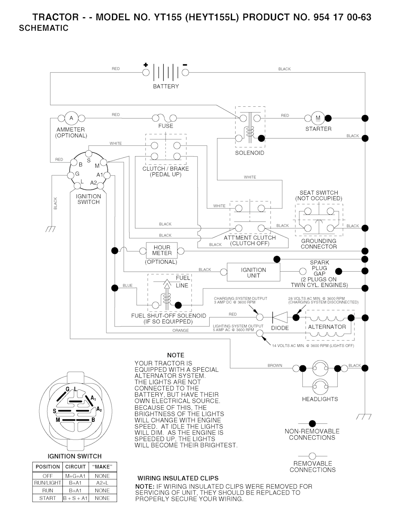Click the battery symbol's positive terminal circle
point(146,73)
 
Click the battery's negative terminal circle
point(185,73)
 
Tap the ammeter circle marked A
point(71,118)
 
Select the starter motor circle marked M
point(318,118)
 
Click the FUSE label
point(166,126)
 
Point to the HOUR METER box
point(162,250)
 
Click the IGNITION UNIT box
point(253,273)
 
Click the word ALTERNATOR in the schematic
point(327,327)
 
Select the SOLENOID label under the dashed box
point(250,153)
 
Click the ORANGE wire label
point(181,330)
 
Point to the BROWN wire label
point(275,365)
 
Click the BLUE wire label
point(128,285)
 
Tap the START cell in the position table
point(48,498)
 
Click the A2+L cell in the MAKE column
point(102,483)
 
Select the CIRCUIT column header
point(75,467)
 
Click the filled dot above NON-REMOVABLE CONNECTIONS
point(312,423)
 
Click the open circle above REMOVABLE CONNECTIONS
point(312,456)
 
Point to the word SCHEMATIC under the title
point(44,28)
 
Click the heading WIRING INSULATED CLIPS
point(178,478)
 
